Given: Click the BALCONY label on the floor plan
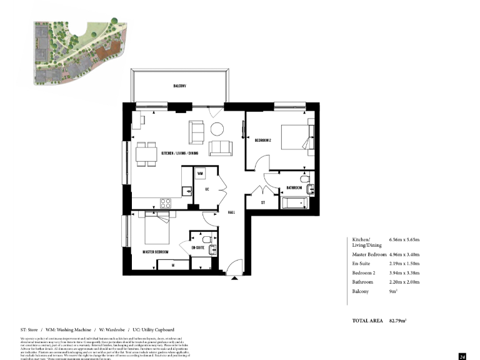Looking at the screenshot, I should pos(180,86).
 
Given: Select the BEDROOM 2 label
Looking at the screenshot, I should pos(263,141).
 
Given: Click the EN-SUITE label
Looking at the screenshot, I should pos(198,248).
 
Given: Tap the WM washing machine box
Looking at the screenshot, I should pos(201,173).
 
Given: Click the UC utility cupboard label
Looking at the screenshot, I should pos(206,187).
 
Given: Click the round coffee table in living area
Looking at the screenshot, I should pos(217,129).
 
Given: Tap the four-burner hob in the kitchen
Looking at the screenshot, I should pos(166,202).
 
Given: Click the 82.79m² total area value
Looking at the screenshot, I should pos(397,321).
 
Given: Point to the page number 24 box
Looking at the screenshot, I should pos(462,356).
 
